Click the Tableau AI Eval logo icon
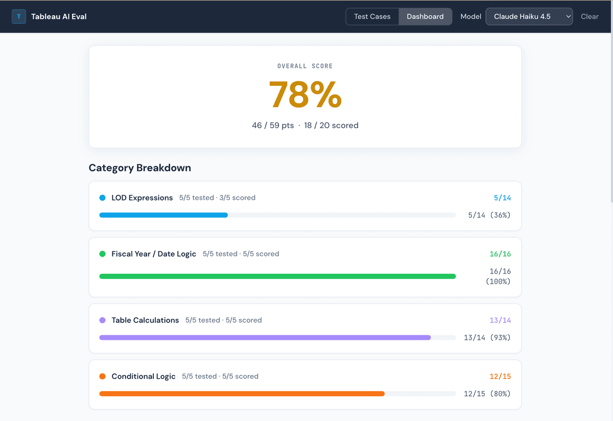[x=19, y=16]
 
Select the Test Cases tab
[x=372, y=16]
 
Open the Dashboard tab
[x=425, y=16]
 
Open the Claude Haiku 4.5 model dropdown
[x=529, y=16]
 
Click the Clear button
[x=590, y=16]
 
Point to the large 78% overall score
[x=305, y=94]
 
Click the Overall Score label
[x=305, y=66]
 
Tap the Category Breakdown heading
[x=140, y=168]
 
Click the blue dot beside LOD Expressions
[x=102, y=197]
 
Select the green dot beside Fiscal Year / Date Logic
[x=102, y=254]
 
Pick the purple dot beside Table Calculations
[x=102, y=320]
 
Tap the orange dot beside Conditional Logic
[x=102, y=376]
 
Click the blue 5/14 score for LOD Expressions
[x=502, y=197]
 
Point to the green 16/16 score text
[x=500, y=254]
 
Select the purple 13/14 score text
[x=500, y=320]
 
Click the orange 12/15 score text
[x=500, y=376]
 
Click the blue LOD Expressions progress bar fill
[x=163, y=215]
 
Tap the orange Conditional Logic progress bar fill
[x=242, y=394]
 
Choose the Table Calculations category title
[x=145, y=320]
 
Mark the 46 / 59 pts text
[x=273, y=126]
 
